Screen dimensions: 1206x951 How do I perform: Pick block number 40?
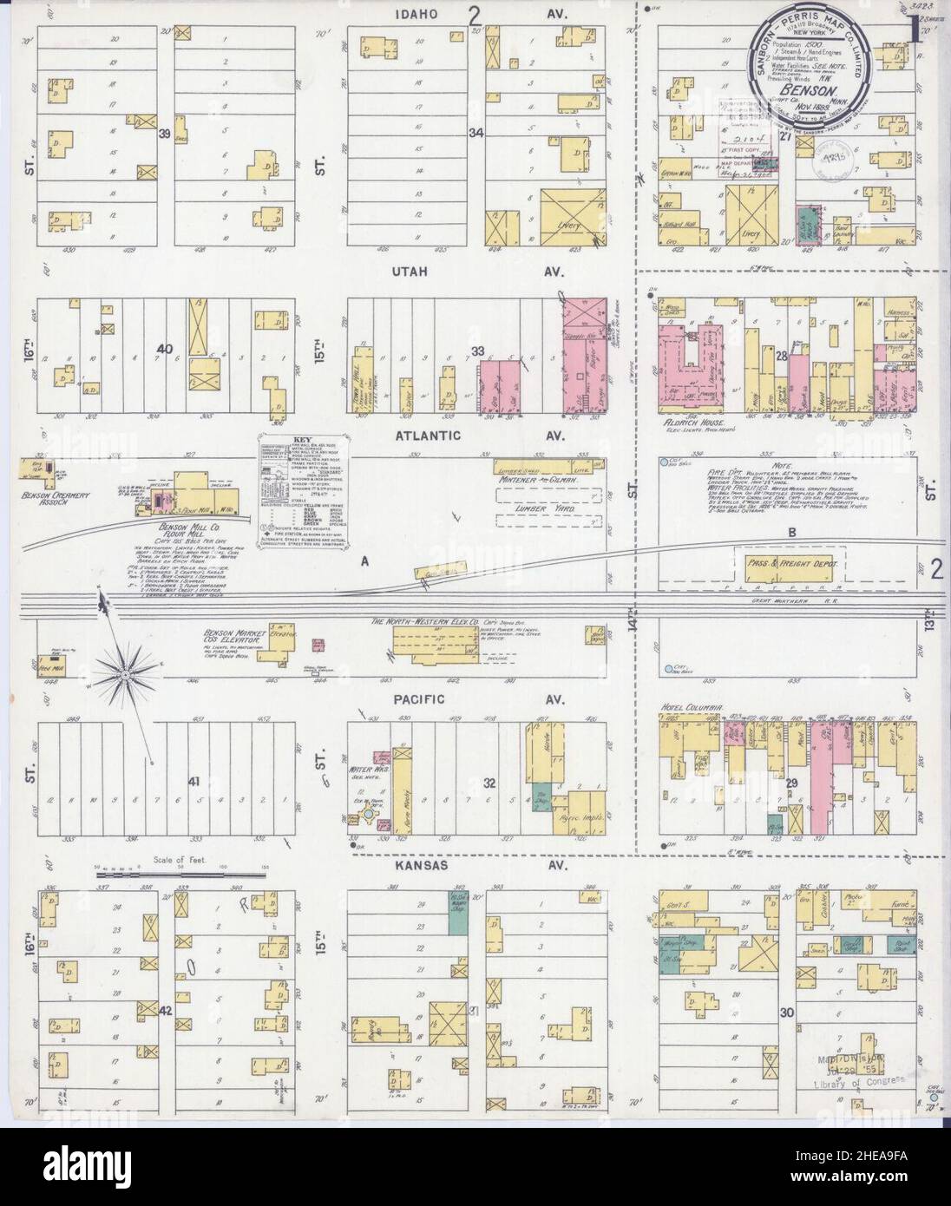pos(163,349)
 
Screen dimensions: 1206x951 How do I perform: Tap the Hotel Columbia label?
pos(692,709)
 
